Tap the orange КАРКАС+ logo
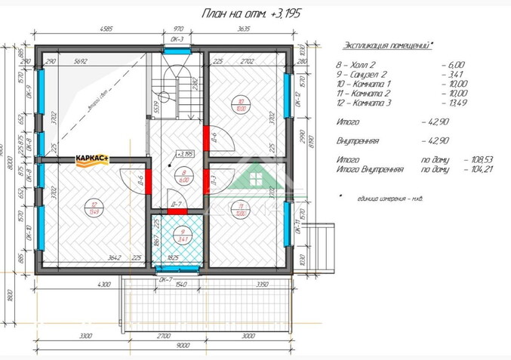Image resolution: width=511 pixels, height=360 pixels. pos(92,158)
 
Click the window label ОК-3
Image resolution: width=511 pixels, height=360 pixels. pos(177,39)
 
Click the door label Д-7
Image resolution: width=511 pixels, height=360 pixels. pos(174,204)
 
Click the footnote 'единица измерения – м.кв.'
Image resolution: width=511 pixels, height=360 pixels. pos(388,198)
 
